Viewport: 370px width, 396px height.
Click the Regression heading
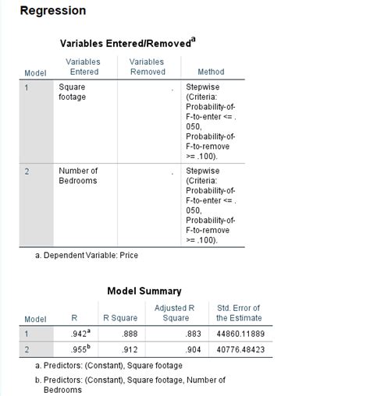(52, 11)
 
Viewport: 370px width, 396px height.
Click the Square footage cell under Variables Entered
(73, 92)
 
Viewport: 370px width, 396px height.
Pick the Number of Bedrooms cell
(78, 175)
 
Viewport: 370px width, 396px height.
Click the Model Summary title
(144, 291)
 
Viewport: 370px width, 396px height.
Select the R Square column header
(120, 318)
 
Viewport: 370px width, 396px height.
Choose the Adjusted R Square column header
(176, 313)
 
